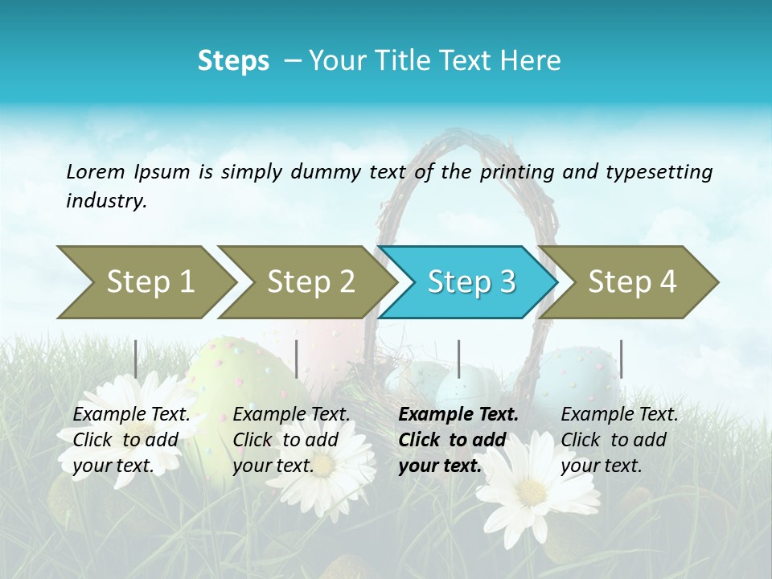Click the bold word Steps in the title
tap(233, 61)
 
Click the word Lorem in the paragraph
tap(96, 172)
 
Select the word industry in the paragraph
tap(106, 201)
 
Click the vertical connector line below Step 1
tap(136, 359)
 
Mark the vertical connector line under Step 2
tap(297, 359)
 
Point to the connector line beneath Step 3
tap(459, 359)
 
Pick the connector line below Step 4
tap(621, 359)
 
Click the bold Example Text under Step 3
tap(458, 415)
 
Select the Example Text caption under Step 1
tap(131, 415)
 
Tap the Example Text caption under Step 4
tap(619, 415)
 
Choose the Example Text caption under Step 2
tap(291, 415)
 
